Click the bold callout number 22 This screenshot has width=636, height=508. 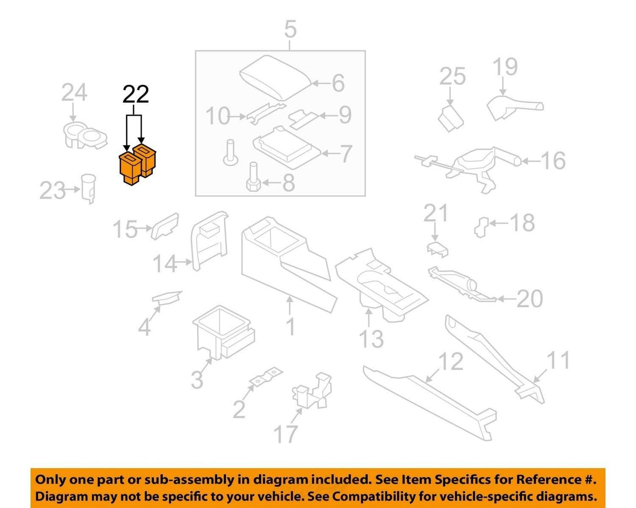pyautogui.click(x=136, y=94)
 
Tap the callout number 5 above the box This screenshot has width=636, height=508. pyautogui.click(x=290, y=29)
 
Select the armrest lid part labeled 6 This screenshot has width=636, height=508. pyautogui.click(x=276, y=77)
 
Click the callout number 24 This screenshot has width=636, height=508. pyautogui.click(x=74, y=93)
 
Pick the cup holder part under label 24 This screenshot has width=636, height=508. pyautogui.click(x=85, y=135)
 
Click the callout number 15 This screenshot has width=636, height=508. pyautogui.click(x=125, y=229)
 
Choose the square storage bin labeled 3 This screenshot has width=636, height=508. pyautogui.click(x=224, y=332)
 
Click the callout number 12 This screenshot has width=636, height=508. pyautogui.click(x=450, y=361)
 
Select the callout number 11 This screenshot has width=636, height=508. pyautogui.click(x=558, y=360)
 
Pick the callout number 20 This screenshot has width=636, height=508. pyautogui.click(x=529, y=299)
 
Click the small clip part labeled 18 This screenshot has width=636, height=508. pyautogui.click(x=481, y=227)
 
